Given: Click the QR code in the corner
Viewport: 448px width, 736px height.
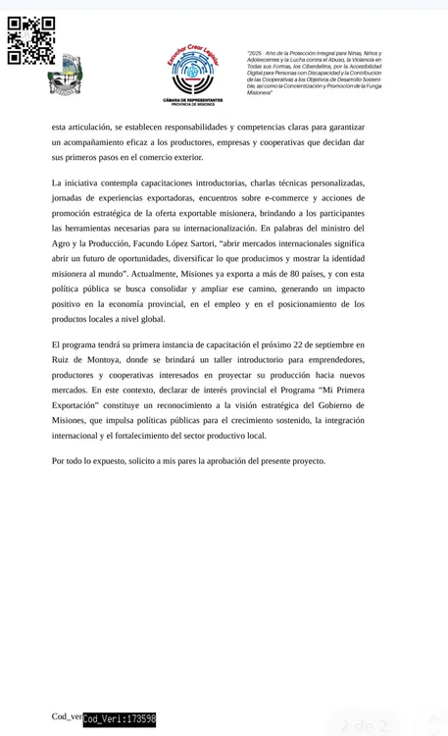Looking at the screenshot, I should [31, 40].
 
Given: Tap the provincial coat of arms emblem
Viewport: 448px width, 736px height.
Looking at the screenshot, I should [65, 77].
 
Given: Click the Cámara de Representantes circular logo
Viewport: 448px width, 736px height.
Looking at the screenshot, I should [192, 70].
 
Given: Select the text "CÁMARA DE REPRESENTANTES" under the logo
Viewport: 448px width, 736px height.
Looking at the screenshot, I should [192, 99].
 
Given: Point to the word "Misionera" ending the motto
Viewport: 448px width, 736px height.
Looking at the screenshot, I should [260, 92].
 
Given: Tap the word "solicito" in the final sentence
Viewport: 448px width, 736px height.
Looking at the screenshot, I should [145, 460].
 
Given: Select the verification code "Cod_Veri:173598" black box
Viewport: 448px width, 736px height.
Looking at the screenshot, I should [120, 719].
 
